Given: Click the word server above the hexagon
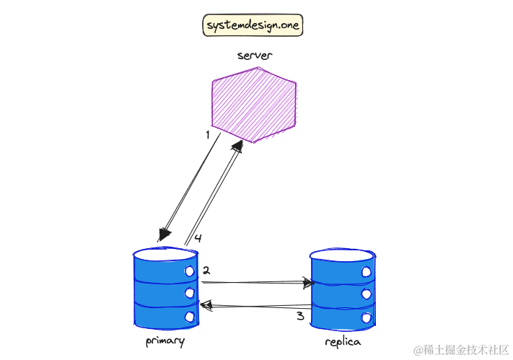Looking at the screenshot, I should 255,56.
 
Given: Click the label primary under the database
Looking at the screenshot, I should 165,341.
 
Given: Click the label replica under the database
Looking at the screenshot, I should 342,341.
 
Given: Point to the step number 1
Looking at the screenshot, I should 208,134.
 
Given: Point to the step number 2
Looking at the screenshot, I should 206,271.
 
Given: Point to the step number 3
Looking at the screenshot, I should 300,316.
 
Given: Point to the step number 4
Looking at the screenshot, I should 197,237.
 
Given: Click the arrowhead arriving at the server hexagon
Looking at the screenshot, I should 236,145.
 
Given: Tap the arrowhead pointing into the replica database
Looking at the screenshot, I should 310,283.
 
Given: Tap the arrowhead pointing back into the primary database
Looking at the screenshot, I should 205,306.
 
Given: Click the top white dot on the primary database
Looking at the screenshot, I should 190,271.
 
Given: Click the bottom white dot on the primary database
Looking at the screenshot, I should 190,316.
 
